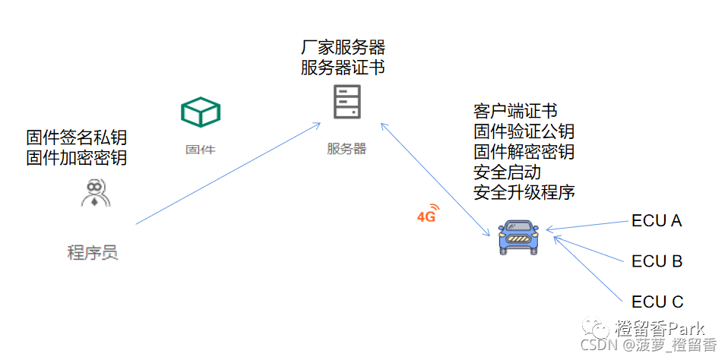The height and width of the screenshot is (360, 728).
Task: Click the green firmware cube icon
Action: [200, 112]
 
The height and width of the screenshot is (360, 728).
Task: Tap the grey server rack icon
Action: [346, 103]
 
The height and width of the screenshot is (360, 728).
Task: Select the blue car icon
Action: [518, 236]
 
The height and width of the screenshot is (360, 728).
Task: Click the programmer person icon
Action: [95, 193]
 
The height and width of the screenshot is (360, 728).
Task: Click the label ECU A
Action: [657, 221]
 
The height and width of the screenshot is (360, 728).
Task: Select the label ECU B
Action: [657, 261]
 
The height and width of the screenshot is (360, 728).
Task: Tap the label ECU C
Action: [657, 302]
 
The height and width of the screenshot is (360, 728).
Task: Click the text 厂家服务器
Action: [343, 47]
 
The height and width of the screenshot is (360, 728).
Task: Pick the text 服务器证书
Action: [343, 68]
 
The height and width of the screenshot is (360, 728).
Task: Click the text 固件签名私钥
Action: [77, 137]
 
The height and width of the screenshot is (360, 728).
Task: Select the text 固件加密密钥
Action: [77, 158]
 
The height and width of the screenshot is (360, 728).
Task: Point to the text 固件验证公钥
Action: [524, 131]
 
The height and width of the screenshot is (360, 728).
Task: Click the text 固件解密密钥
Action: [524, 151]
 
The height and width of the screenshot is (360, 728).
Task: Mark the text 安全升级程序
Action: [524, 191]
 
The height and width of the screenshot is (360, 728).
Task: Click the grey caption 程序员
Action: [93, 252]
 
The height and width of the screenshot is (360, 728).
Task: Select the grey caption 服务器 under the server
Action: [347, 149]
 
